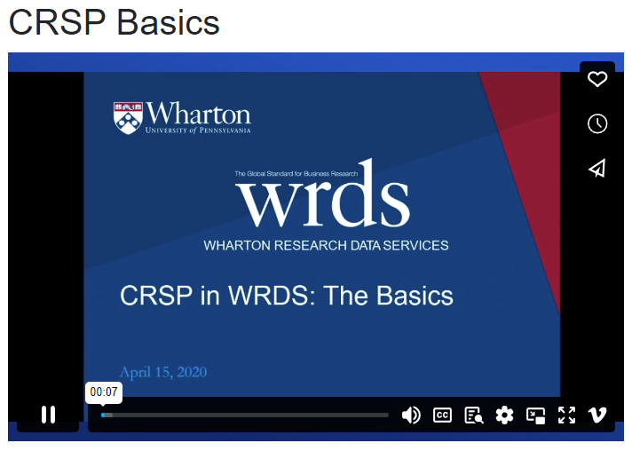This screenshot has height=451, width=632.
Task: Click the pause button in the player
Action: tap(49, 415)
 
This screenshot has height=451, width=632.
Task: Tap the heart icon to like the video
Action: tap(597, 79)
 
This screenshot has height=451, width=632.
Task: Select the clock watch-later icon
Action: tap(597, 123)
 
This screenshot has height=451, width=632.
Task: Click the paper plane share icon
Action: tap(597, 169)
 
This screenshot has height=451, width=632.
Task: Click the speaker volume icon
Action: tap(411, 415)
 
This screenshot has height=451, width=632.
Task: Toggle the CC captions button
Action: tap(442, 415)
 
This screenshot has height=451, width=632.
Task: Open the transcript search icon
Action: tap(473, 415)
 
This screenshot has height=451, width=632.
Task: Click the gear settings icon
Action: tap(504, 415)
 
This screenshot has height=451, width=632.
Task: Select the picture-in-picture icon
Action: tap(535, 415)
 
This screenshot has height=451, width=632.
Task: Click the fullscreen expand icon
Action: tap(566, 415)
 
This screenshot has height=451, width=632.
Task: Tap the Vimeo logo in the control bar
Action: tap(597, 415)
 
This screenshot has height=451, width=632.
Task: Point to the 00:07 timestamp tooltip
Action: tap(104, 392)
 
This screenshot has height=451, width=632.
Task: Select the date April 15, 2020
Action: tap(163, 372)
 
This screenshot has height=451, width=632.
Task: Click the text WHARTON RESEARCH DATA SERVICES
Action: tap(326, 245)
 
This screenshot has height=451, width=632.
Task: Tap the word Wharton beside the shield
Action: tap(199, 114)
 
